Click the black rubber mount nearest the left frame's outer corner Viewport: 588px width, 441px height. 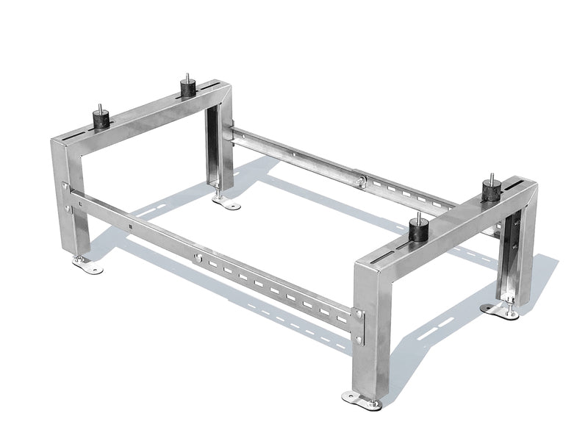click(98, 119)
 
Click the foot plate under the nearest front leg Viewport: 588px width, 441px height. click(362, 400)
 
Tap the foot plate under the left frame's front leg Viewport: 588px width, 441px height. click(87, 265)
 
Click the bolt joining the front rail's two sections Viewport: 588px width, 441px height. click(197, 258)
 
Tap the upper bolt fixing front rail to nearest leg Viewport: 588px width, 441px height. click(359, 315)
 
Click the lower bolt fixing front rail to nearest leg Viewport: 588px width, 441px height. click(359, 339)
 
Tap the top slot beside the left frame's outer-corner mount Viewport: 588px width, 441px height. click(73, 137)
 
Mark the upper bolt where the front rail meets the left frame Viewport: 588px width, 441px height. click(65, 187)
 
